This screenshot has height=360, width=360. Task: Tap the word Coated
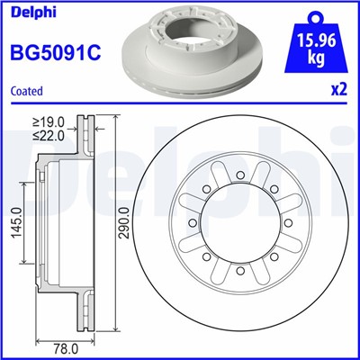(x=26, y=91)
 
